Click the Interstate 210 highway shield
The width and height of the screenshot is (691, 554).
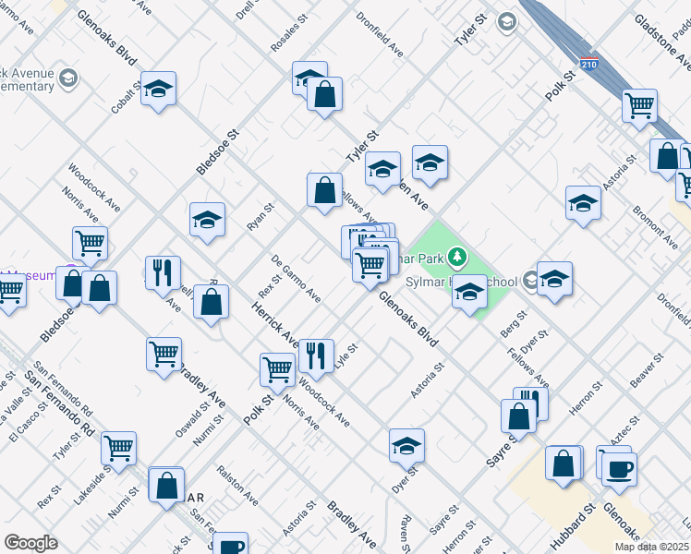(x=588, y=64)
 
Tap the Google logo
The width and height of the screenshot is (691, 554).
(x=30, y=543)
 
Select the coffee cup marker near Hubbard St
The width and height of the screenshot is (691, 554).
(x=619, y=469)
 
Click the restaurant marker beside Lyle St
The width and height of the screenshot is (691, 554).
(x=316, y=355)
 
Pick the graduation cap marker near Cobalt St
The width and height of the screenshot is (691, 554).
(x=159, y=89)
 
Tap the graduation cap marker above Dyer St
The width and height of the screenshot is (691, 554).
(x=406, y=446)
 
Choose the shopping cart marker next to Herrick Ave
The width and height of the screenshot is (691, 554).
(x=278, y=368)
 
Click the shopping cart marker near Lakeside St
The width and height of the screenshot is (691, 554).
(x=119, y=449)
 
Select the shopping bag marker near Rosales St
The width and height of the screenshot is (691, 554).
(x=325, y=94)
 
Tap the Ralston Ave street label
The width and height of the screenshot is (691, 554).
(x=236, y=485)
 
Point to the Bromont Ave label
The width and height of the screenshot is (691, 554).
(x=655, y=227)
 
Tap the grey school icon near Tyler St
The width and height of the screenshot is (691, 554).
(x=506, y=21)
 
